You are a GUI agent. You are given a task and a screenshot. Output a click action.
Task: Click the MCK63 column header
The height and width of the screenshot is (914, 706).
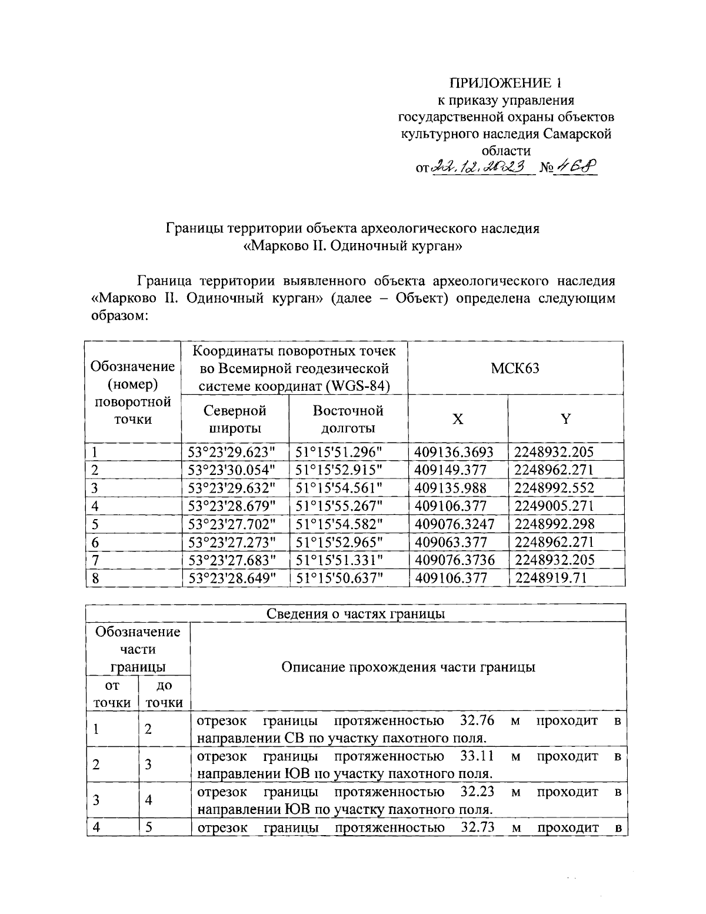[x=516, y=368]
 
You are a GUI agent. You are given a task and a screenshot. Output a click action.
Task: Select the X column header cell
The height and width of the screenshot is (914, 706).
[x=458, y=419]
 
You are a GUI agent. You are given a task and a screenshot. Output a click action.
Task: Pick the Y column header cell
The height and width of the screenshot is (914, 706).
[x=565, y=419]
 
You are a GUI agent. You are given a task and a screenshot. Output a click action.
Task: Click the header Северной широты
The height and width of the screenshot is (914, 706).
[x=235, y=419]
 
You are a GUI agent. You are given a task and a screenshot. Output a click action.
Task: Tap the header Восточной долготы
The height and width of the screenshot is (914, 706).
[x=348, y=419]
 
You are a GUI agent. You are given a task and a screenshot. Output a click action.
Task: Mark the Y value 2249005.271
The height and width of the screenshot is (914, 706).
[x=554, y=506]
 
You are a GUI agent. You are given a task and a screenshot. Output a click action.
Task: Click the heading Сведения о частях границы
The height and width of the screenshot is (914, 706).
[x=355, y=614]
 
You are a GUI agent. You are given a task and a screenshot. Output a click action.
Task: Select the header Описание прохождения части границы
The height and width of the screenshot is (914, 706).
[x=408, y=667]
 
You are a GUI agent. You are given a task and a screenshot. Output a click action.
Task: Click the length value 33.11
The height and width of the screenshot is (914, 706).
[x=477, y=756]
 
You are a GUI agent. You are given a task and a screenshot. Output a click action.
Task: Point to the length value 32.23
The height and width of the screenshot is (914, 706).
[x=477, y=792]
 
